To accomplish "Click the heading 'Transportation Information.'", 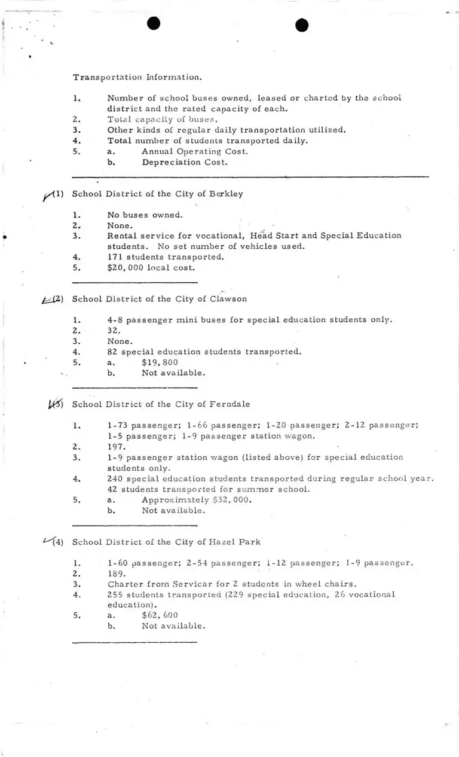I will pos(137,77).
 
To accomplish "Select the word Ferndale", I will pos(228,404).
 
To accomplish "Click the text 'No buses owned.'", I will pos(145,215).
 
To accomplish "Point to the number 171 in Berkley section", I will pos(114,257).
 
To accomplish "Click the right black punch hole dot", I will pos(302,25).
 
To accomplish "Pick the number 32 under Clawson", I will pos(113,331).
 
